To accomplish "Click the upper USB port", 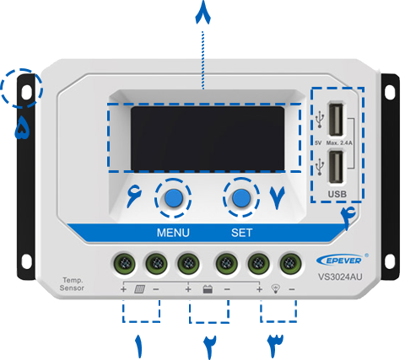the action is click(x=336, y=120).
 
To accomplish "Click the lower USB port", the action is click(x=336, y=167).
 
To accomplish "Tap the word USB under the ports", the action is click(x=337, y=194).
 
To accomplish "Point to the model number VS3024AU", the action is click(x=340, y=277).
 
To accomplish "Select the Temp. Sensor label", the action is click(x=72, y=284).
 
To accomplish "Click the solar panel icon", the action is click(x=139, y=289).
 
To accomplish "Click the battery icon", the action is click(x=208, y=289).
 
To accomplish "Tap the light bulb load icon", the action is click(x=276, y=289).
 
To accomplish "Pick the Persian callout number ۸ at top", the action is click(x=203, y=13).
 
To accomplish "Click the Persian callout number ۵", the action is click(x=22, y=128).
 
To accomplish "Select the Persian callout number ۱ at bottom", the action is click(x=139, y=347).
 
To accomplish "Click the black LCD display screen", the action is click(x=208, y=138).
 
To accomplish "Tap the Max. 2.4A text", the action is click(x=339, y=143).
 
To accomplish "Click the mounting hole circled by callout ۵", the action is click(x=27, y=92).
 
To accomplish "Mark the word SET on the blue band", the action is click(x=241, y=233).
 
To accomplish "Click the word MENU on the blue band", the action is click(x=173, y=233).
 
